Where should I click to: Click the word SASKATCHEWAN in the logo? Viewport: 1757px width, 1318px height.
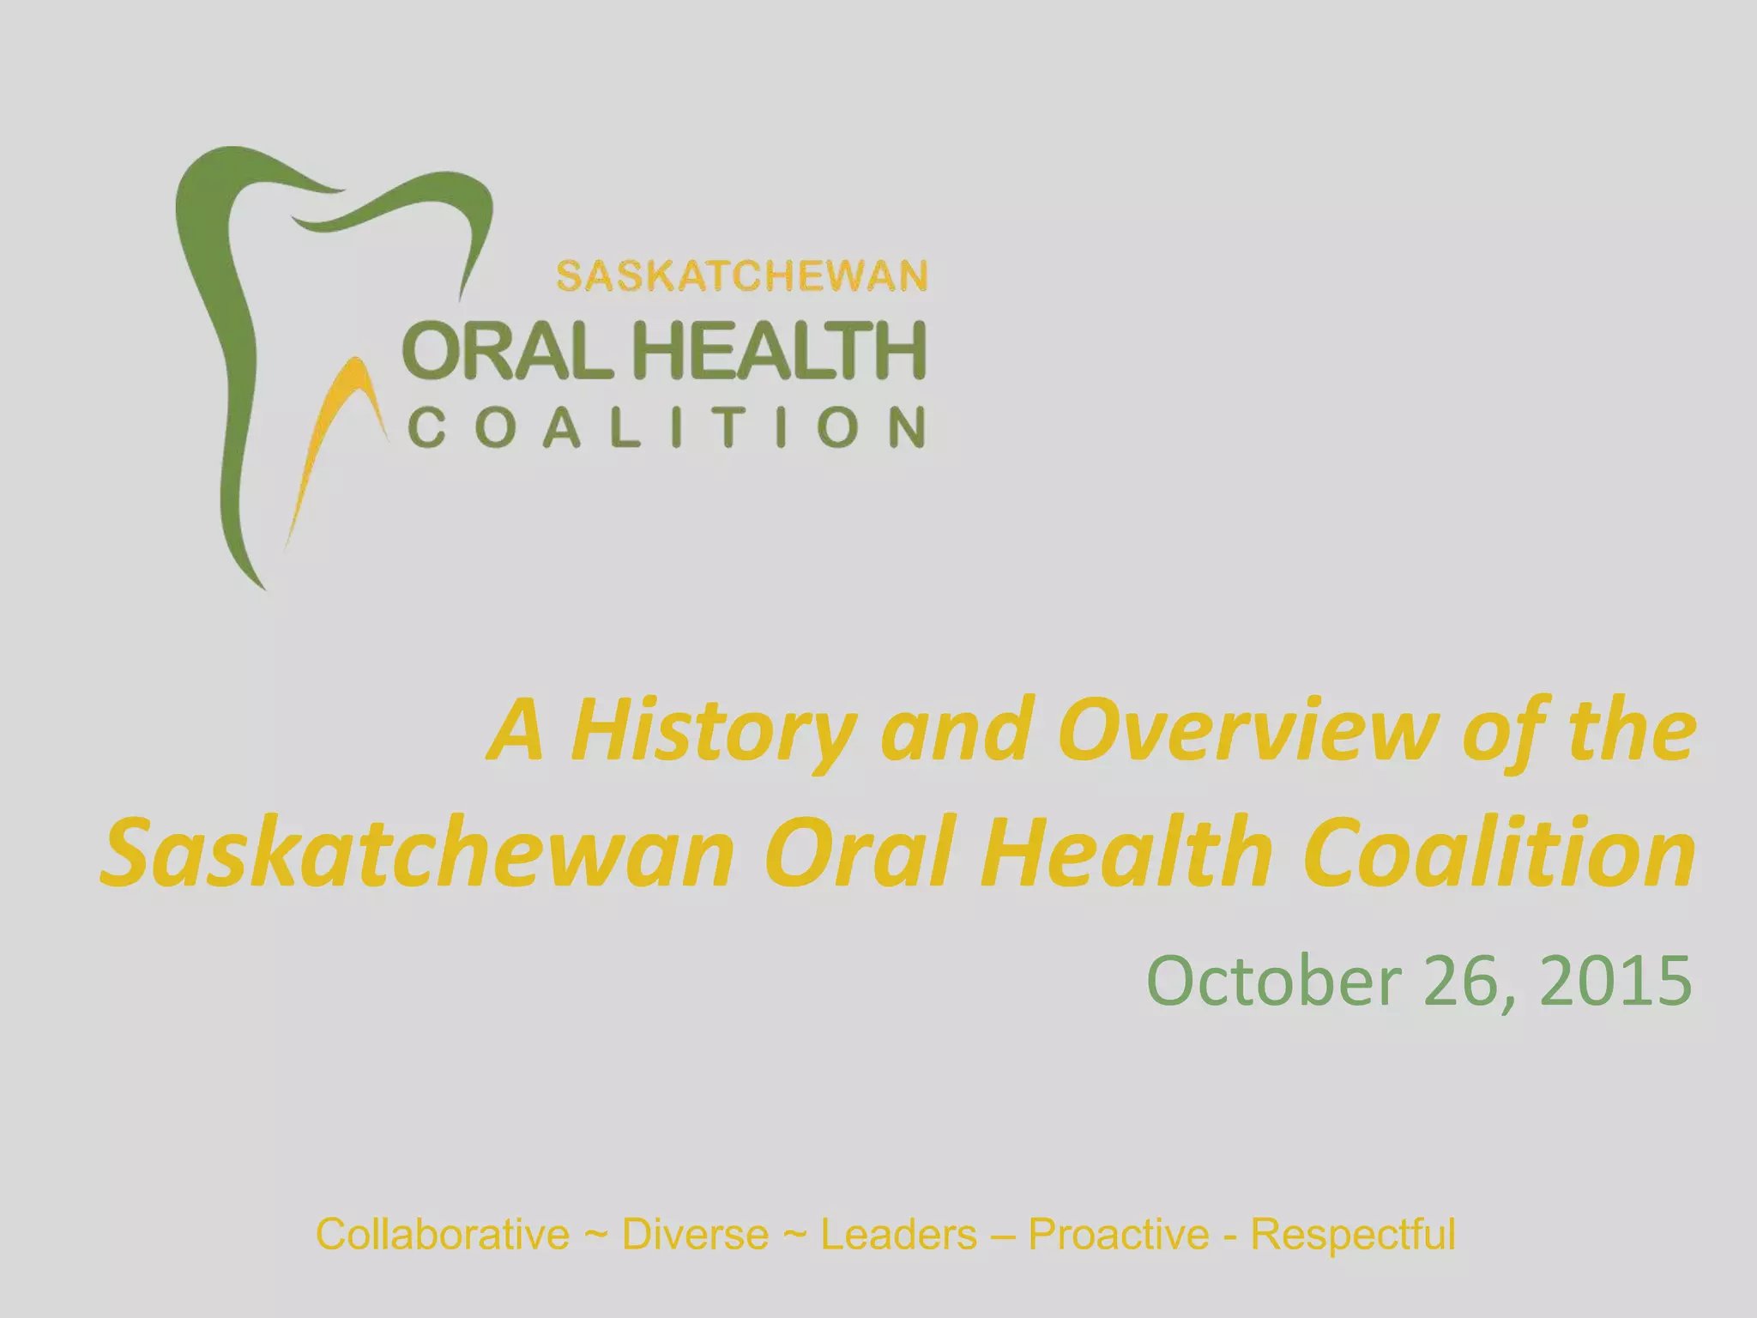[x=742, y=277]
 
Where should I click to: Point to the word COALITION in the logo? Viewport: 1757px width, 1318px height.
[x=667, y=427]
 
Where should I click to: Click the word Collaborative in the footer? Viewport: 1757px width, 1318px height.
[x=442, y=1235]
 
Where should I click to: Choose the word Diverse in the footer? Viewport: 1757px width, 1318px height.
[x=695, y=1235]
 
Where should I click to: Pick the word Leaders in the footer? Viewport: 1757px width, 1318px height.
[x=898, y=1235]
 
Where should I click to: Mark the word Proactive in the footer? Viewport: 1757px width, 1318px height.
[x=1119, y=1235]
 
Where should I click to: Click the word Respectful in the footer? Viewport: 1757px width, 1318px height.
[x=1353, y=1235]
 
